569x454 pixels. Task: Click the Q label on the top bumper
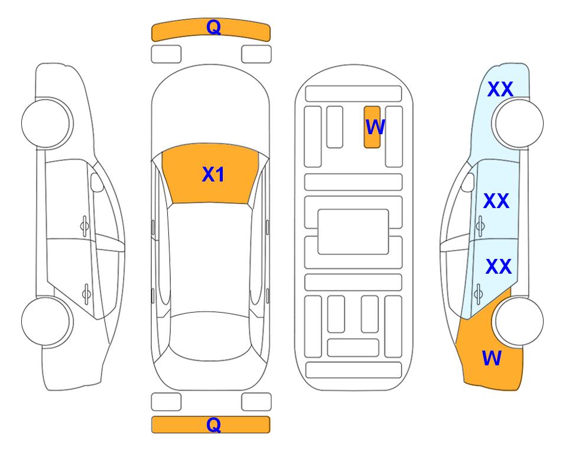coord(213,27)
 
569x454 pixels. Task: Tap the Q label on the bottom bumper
coord(213,424)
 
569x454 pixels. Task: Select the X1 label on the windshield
coord(213,174)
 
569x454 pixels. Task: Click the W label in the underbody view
coord(375,127)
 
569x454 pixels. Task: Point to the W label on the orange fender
coord(492,358)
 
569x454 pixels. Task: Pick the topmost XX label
coord(500,89)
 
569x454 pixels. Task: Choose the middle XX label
coord(496,200)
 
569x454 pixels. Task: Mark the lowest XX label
coord(499,266)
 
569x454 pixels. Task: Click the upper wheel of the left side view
coord(45,123)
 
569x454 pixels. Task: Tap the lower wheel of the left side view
coord(45,321)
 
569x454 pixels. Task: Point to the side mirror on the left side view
coord(97,182)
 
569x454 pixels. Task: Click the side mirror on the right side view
coord(467,182)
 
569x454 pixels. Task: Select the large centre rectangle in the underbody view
coord(353,232)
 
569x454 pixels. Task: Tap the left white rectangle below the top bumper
coord(166,54)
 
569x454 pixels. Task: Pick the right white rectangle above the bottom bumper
coord(256,402)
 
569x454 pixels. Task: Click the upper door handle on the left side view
coord(84,226)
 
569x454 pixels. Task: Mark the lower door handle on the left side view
coord(86,293)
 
